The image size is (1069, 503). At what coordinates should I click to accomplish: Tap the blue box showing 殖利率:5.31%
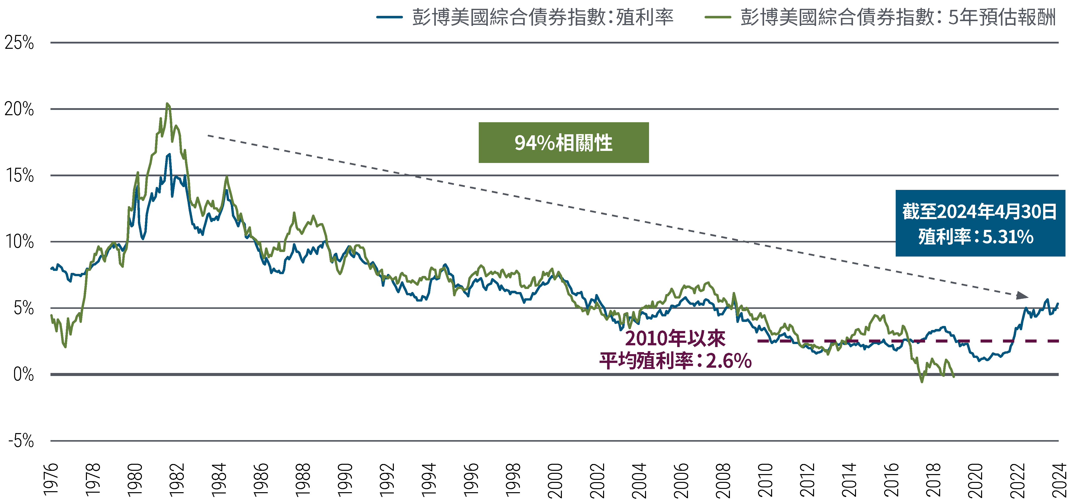975,237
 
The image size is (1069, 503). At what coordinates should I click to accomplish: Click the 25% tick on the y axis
19,43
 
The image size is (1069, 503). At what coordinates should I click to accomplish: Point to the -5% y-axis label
21,441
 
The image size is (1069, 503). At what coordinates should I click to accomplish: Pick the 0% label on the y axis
23,374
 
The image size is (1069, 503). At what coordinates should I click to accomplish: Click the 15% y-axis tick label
20,175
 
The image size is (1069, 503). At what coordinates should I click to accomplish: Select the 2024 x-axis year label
1059,480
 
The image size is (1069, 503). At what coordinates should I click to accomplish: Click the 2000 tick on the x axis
555,480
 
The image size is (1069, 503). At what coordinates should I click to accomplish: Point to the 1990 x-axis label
345,480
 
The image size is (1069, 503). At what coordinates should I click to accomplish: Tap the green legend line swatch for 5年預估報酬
718,17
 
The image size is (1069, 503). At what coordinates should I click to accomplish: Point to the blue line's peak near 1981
169,154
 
